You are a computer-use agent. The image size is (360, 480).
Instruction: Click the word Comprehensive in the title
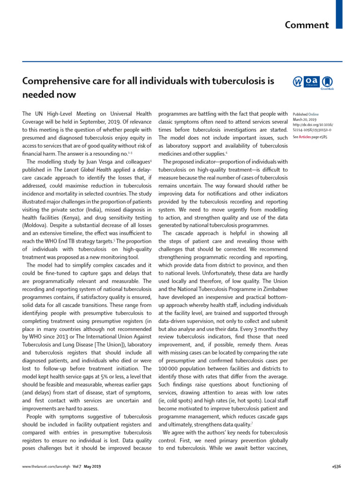[x=52, y=81]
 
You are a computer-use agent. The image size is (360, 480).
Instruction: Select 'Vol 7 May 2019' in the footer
[x=87, y=466]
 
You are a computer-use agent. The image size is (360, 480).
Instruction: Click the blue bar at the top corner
[x=339, y=14]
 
